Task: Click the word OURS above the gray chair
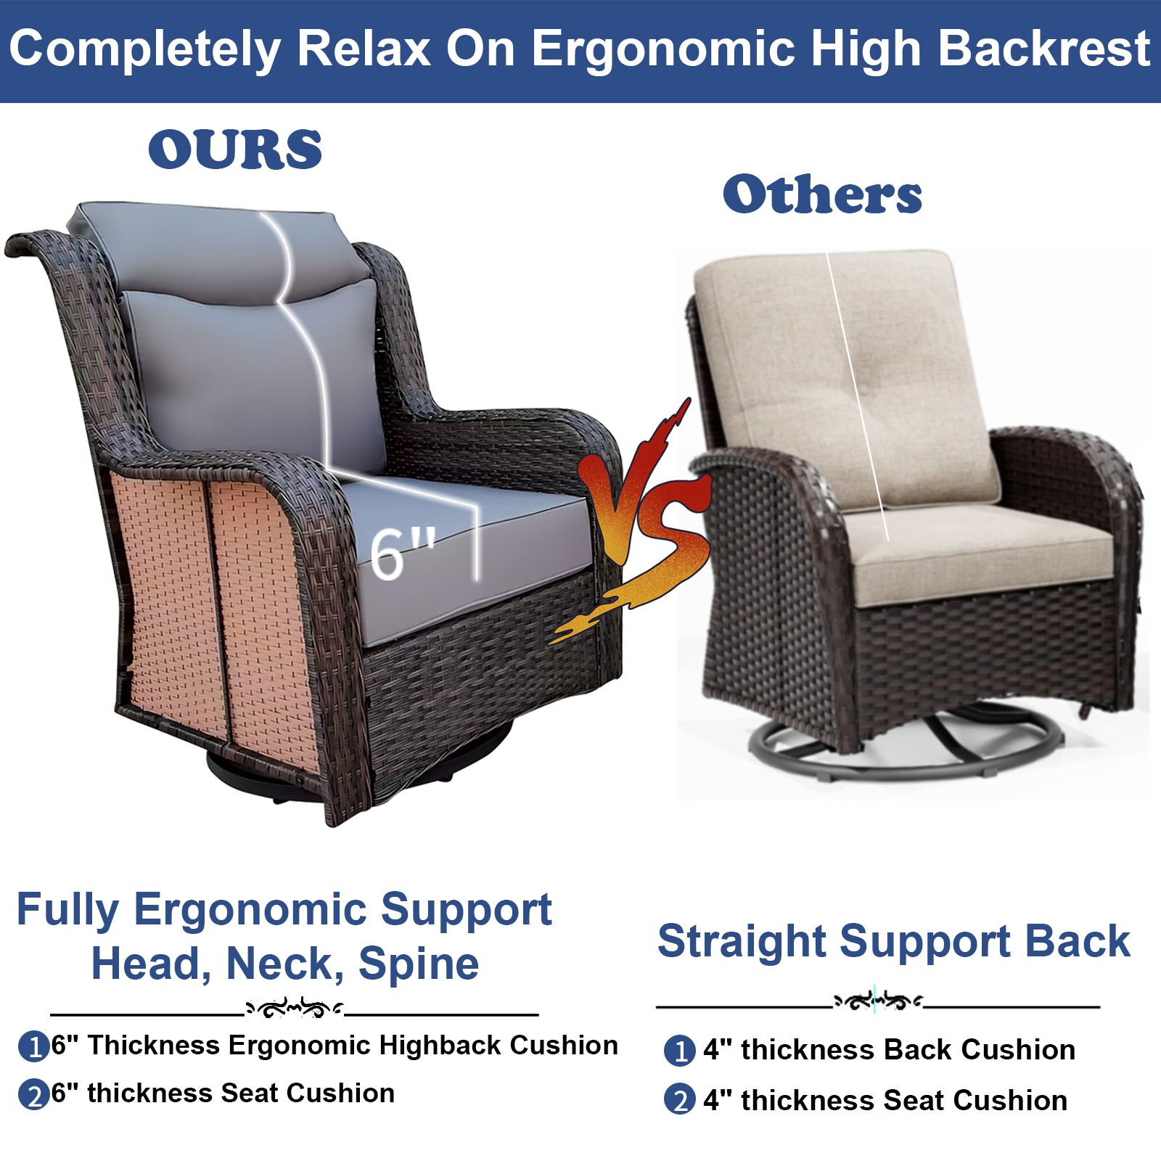point(235,149)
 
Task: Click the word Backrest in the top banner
point(1044,49)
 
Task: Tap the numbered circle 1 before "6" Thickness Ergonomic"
point(33,1047)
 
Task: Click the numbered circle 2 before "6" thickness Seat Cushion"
point(33,1095)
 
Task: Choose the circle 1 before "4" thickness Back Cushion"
point(679,1051)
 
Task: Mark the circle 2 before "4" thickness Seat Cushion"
point(679,1101)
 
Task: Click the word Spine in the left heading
point(419,964)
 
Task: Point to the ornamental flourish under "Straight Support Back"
point(878,1002)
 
